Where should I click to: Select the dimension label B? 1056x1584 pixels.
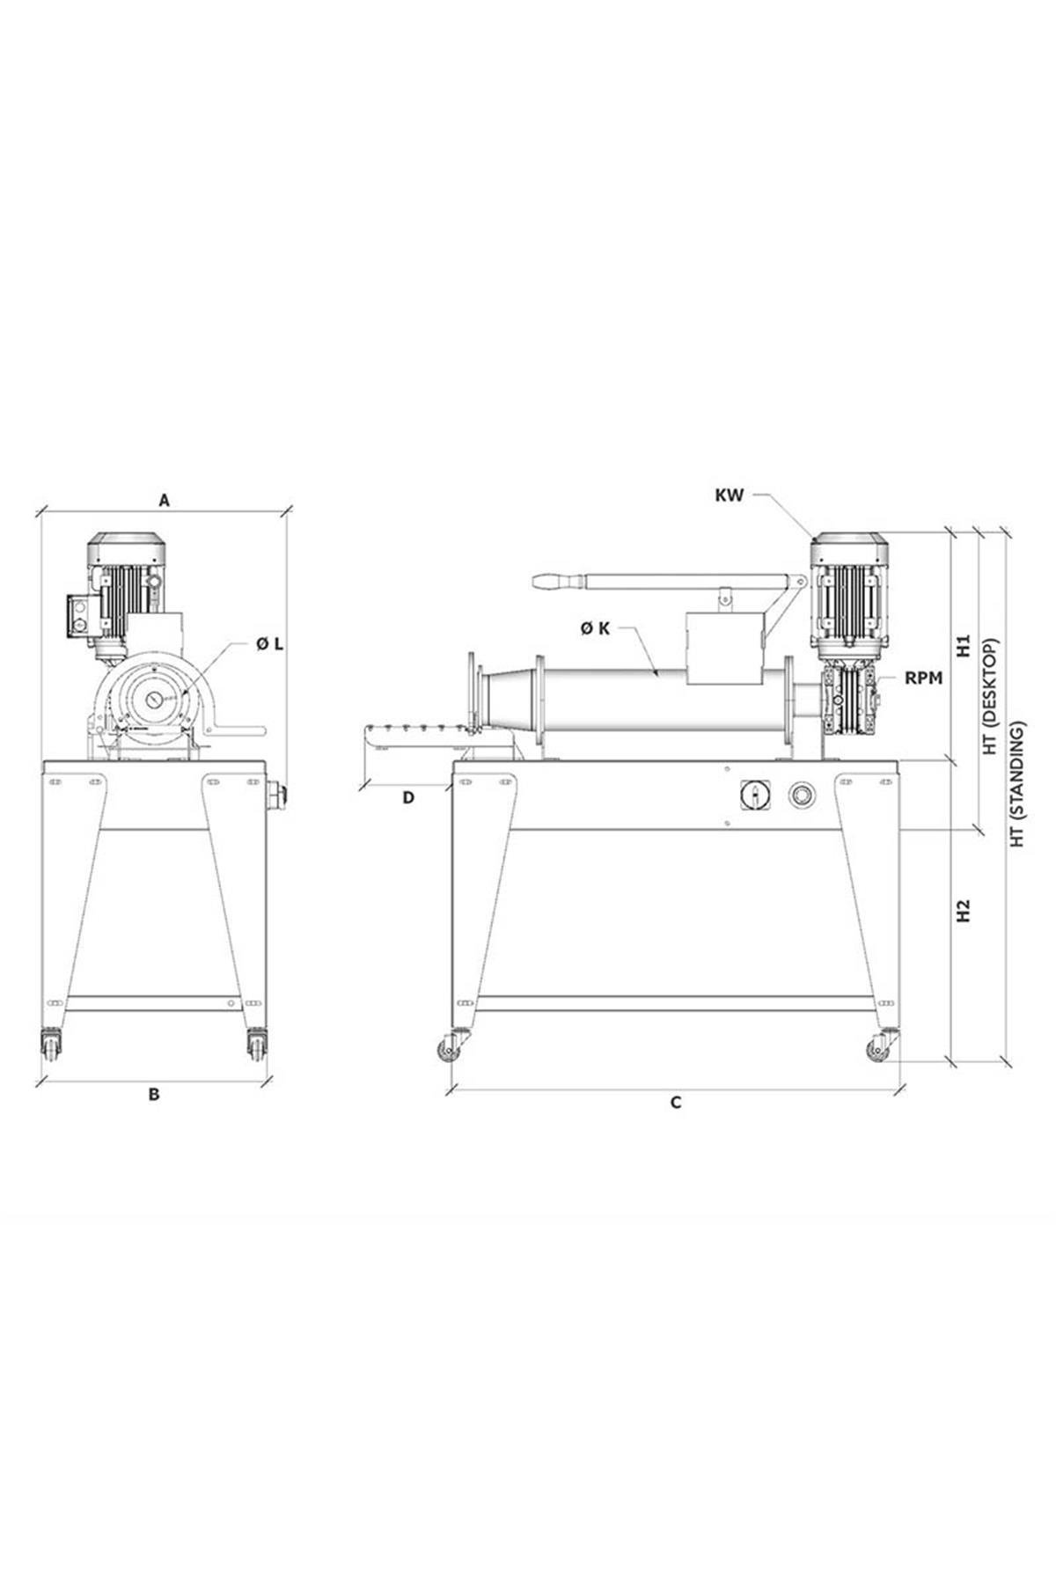pyautogui.click(x=153, y=1096)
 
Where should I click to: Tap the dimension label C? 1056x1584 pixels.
pyautogui.click(x=676, y=1103)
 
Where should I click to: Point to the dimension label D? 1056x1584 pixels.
pyautogui.click(x=407, y=798)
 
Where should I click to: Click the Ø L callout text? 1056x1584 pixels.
pyautogui.click(x=270, y=644)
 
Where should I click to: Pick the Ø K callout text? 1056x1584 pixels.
pyautogui.click(x=596, y=628)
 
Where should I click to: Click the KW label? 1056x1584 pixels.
pyautogui.click(x=730, y=495)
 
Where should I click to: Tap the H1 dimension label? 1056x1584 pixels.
pyautogui.click(x=964, y=646)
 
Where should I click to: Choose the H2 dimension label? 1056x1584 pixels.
pyautogui.click(x=964, y=910)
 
